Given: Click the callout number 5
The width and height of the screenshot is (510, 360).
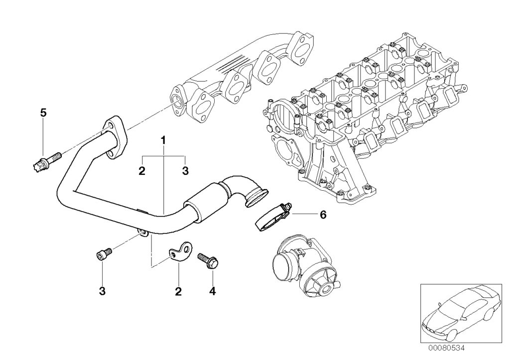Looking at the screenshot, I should pyautogui.click(x=43, y=113).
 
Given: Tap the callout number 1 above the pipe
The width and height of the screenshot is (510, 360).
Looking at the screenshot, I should pyautogui.click(x=163, y=140).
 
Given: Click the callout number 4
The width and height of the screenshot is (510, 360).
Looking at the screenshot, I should pyautogui.click(x=213, y=291).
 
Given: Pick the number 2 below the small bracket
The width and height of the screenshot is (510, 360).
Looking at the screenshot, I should pyautogui.click(x=178, y=291).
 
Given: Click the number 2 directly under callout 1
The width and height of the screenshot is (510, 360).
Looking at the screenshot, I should pyautogui.click(x=142, y=171).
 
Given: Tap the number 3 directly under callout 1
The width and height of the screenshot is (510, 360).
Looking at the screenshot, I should pyautogui.click(x=185, y=171).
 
